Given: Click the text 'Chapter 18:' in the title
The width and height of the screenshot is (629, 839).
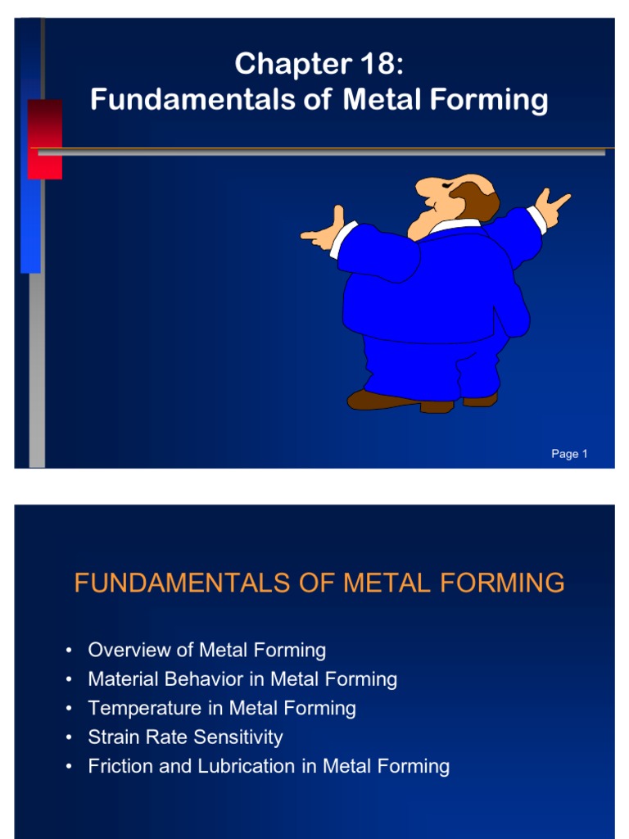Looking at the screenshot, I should (319, 63).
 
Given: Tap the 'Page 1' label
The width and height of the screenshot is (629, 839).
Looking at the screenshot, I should (569, 454).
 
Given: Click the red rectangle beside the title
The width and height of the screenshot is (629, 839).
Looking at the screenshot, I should (44, 138).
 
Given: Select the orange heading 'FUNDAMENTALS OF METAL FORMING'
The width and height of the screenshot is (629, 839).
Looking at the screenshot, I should (319, 583).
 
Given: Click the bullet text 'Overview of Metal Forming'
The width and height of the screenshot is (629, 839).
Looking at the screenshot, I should (207, 651).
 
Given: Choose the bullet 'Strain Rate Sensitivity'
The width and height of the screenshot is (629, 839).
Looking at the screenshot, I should (185, 737).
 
